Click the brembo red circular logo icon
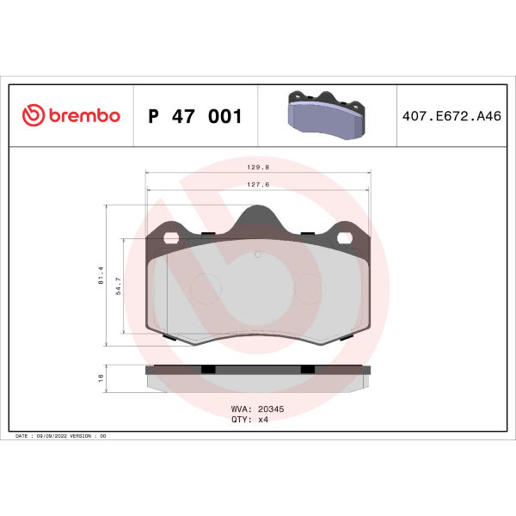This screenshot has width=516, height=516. (34, 115)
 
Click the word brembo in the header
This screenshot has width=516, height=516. (84, 116)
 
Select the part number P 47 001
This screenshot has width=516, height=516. (195, 116)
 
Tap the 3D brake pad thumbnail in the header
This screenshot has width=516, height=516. (327, 115)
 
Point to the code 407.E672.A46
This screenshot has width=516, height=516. (451, 116)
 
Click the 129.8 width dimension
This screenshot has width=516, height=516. (258, 167)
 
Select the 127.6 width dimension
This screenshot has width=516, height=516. (258, 185)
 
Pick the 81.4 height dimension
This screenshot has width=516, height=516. (101, 275)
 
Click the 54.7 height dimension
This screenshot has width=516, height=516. (118, 286)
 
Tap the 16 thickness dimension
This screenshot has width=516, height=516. (101, 378)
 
